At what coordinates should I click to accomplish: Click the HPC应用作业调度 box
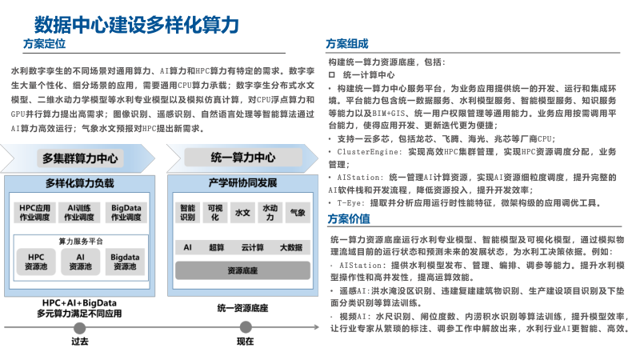tap(36, 212)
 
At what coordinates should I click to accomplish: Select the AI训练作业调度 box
tap(80, 212)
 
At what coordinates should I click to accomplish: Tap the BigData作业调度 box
tap(126, 212)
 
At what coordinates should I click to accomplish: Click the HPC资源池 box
tap(36, 262)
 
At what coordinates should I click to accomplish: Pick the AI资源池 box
tap(80, 262)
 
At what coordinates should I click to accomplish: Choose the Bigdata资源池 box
tap(126, 262)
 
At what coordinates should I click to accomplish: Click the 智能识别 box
tap(187, 212)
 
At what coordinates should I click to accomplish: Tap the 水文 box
tap(242, 213)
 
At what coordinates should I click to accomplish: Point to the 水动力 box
tap(270, 212)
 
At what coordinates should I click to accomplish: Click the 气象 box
tap(298, 213)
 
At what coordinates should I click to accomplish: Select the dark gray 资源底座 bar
tap(242, 271)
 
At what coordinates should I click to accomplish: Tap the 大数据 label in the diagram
tap(290, 248)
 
